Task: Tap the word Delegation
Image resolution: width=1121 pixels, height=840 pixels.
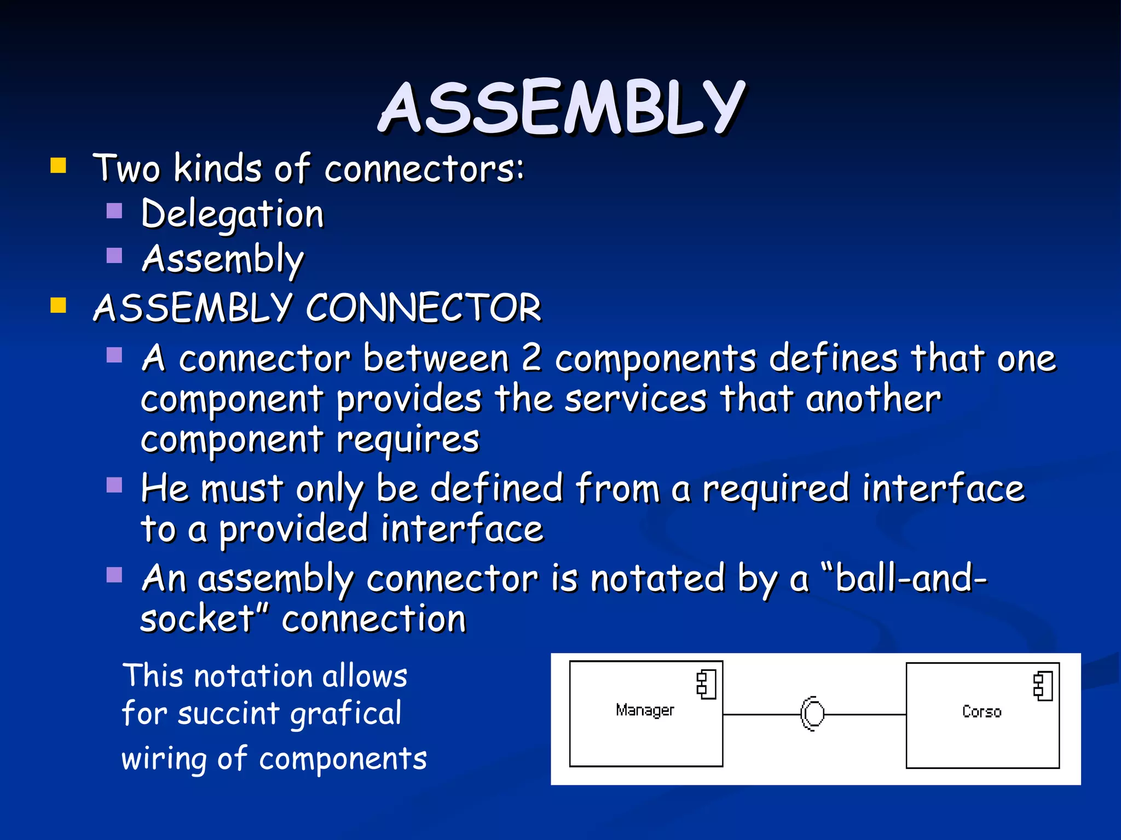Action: (x=233, y=214)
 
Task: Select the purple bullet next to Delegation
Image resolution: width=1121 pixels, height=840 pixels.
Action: (x=114, y=211)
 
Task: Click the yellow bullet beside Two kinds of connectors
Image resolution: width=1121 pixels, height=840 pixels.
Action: (x=58, y=166)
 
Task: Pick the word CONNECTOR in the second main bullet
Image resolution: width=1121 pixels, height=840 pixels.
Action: (x=423, y=308)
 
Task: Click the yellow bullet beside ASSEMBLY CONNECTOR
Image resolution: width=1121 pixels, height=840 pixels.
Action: (x=58, y=305)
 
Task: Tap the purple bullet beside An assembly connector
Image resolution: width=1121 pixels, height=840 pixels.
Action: (x=114, y=575)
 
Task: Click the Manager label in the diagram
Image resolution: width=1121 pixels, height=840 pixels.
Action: (x=645, y=710)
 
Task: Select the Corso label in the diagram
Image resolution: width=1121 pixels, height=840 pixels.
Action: (x=981, y=711)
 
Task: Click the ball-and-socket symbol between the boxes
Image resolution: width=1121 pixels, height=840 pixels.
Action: (x=812, y=714)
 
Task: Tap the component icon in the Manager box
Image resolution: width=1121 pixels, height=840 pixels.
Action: (x=706, y=685)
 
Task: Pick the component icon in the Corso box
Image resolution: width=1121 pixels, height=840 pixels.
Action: (x=1043, y=686)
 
